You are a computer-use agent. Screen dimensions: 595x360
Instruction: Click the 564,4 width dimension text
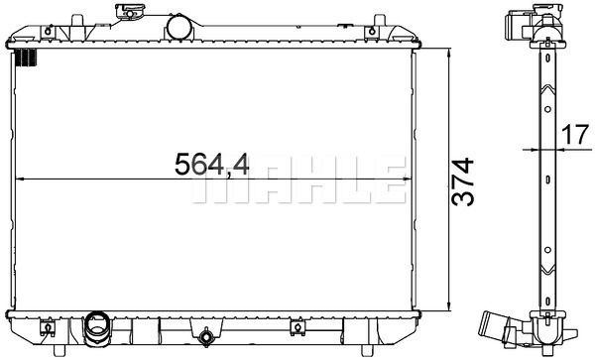point(212,164)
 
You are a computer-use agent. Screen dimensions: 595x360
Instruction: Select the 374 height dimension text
point(462,182)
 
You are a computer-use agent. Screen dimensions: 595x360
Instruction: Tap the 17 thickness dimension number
point(575,135)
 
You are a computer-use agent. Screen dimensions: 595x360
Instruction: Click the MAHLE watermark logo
point(298,180)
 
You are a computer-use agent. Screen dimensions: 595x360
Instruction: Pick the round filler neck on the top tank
point(180,27)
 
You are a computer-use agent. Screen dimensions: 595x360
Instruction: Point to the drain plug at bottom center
point(206,336)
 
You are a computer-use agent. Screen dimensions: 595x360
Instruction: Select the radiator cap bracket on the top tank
point(130,11)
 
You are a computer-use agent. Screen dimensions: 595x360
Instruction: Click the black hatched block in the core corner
point(27,59)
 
